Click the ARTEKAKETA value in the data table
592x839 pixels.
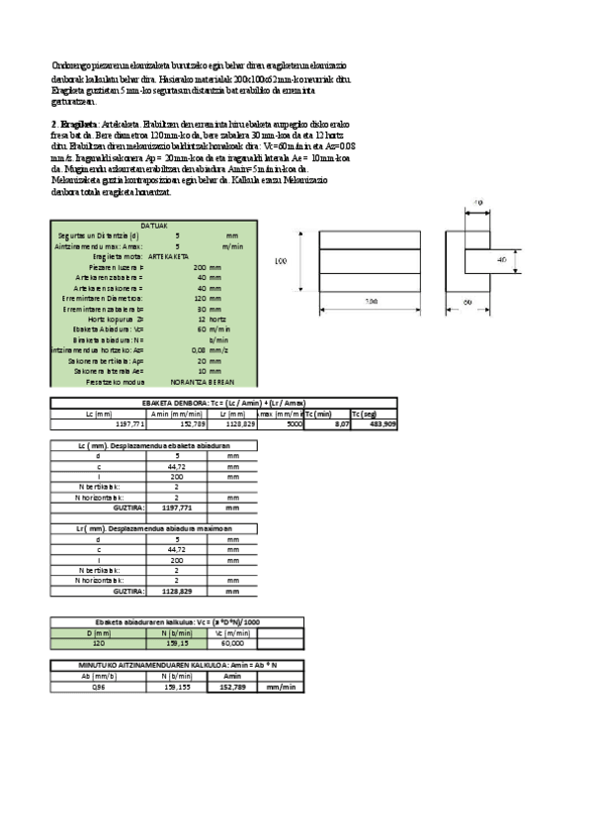163,255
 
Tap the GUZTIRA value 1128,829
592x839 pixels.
176,591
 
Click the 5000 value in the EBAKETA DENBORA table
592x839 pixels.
293,423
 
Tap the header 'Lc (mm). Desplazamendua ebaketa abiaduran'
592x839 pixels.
155,446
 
